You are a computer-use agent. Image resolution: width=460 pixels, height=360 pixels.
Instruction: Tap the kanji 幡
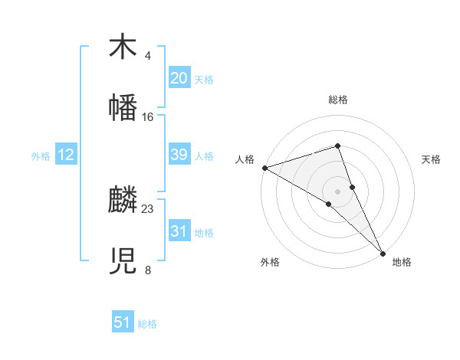tap(123, 108)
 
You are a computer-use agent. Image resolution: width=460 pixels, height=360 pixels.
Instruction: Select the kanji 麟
tap(123, 201)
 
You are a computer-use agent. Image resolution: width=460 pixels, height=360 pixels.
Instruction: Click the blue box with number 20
tap(179, 78)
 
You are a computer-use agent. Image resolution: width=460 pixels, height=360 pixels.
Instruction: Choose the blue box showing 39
tap(179, 155)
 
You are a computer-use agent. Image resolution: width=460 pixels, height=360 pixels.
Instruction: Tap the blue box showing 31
tap(179, 231)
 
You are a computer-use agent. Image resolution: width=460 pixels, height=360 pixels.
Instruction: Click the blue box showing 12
tap(66, 155)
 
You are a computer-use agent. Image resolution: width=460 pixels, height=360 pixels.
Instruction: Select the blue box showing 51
tap(123, 322)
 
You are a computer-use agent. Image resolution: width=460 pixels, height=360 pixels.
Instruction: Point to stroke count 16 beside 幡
tap(148, 117)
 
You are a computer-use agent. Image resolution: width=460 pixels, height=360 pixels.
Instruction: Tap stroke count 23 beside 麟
tap(148, 208)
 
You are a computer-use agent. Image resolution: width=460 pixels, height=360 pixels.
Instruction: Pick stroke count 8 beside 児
tap(147, 270)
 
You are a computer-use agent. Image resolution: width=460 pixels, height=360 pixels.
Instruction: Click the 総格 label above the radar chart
tap(338, 100)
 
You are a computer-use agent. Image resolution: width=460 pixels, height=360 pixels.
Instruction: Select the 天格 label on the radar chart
tap(431, 159)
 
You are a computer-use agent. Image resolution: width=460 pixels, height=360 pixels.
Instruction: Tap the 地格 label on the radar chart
tap(402, 262)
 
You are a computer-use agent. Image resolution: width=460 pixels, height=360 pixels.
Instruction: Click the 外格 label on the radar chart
tap(270, 262)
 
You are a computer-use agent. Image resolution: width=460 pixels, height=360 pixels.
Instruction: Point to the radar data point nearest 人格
tap(264, 168)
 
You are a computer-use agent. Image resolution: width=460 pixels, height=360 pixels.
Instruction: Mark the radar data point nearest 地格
tap(383, 251)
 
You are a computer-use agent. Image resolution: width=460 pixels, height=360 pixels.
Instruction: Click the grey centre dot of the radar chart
tap(338, 191)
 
